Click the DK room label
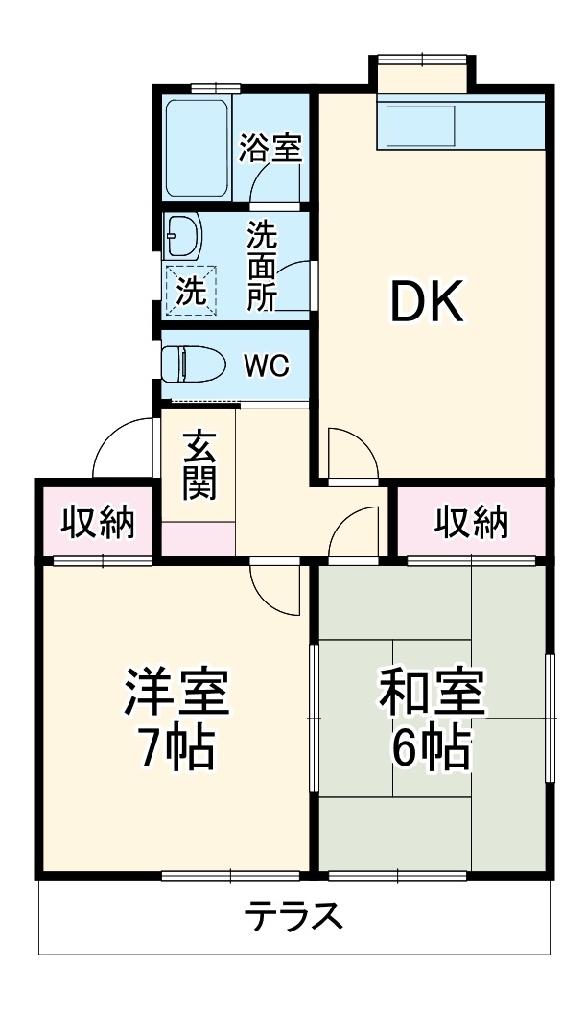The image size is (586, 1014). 426,303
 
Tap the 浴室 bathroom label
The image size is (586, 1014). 270,149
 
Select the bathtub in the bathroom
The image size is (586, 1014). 196,148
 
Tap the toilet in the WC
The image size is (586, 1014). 192,365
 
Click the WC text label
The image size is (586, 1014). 265,366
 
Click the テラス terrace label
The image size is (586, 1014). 293,918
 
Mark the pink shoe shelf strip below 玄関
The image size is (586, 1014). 199,538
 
